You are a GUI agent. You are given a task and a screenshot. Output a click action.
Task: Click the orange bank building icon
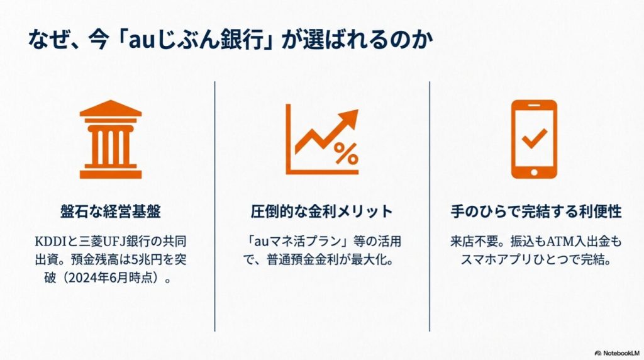click(111, 139)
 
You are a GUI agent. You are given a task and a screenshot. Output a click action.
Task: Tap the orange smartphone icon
click(534, 139)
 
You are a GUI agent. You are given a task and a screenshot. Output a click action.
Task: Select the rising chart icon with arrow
click(321, 139)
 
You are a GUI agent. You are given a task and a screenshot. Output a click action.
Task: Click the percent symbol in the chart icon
click(345, 153)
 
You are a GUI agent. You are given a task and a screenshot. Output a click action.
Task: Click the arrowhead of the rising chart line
click(350, 118)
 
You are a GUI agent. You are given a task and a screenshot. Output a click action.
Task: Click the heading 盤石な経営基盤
click(111, 211)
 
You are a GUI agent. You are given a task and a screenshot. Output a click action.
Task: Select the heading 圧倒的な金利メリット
click(321, 211)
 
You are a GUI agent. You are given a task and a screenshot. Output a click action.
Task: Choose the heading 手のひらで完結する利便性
click(536, 211)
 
